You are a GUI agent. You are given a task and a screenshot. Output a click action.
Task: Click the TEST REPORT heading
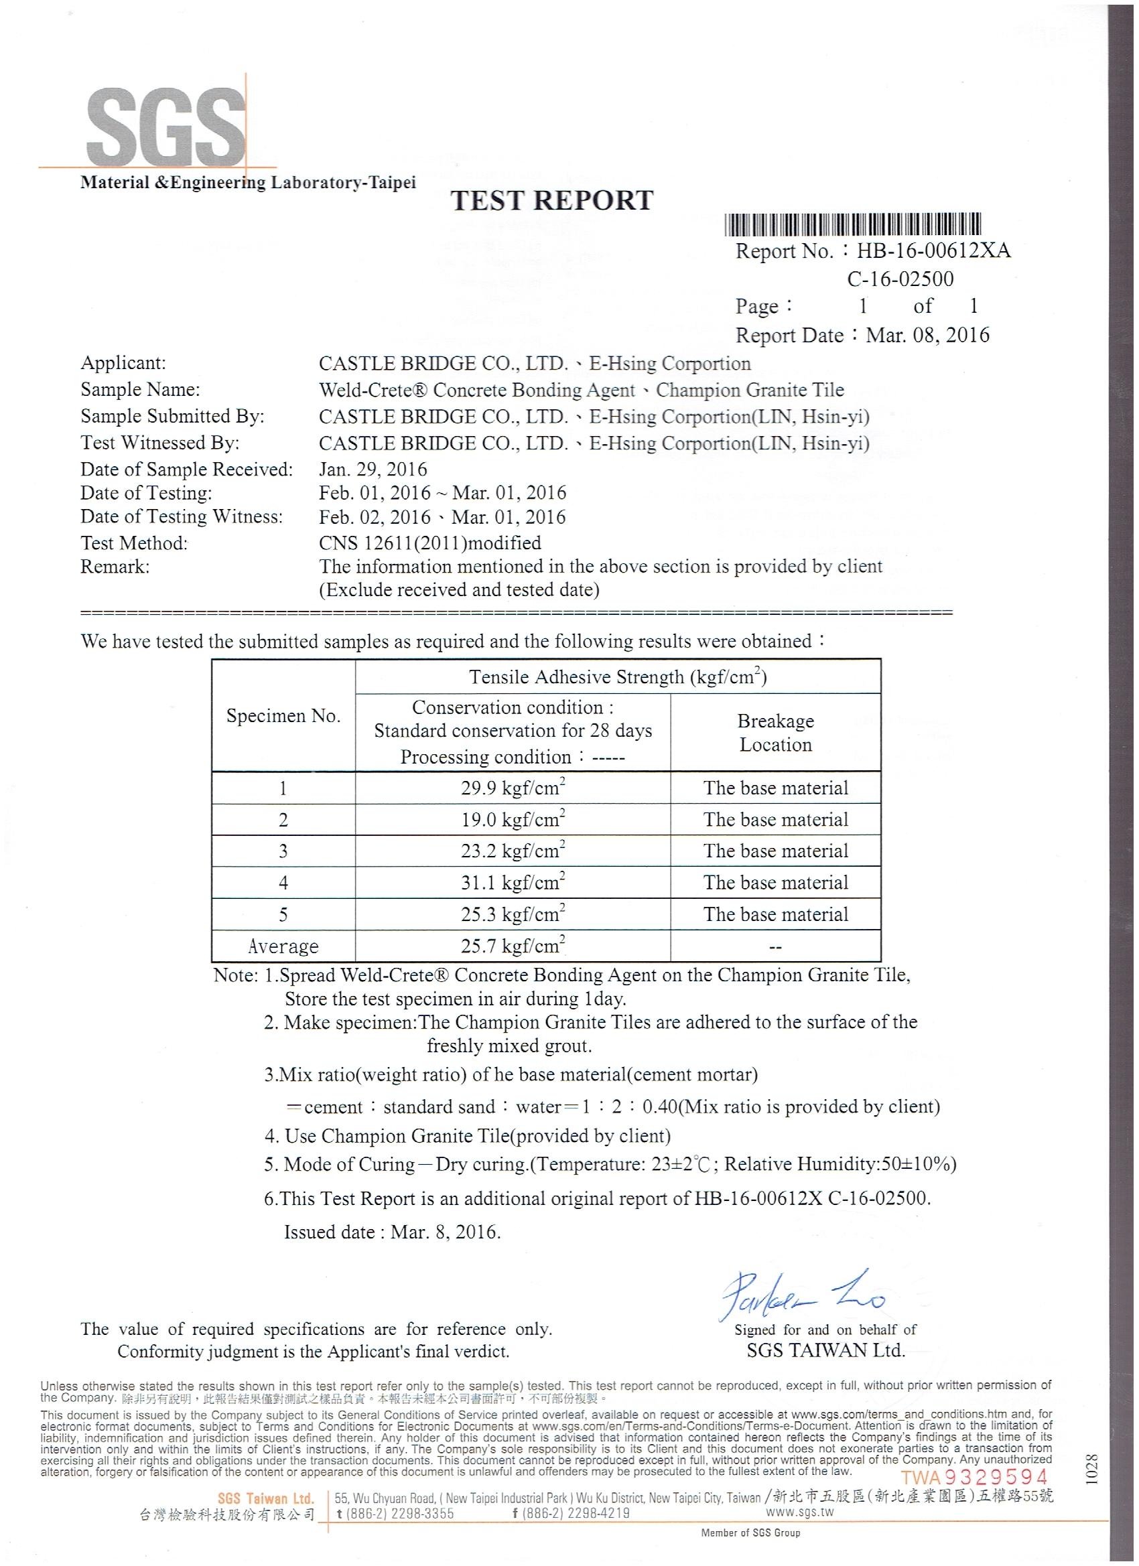[551, 200]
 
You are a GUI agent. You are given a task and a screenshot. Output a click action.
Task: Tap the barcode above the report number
[852, 224]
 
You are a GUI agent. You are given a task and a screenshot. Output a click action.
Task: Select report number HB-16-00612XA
[933, 251]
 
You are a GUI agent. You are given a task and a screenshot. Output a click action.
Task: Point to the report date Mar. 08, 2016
[927, 336]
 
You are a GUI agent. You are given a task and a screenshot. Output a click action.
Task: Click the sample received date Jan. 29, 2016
[373, 470]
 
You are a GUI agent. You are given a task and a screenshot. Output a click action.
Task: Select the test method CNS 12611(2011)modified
[429, 543]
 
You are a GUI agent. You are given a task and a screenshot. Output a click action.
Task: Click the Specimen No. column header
[283, 716]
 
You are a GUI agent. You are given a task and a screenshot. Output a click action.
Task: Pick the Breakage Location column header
[775, 733]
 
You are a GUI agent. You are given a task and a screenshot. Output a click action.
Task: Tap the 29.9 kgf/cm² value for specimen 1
[513, 788]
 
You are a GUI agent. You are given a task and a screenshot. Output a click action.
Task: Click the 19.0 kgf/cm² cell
[513, 820]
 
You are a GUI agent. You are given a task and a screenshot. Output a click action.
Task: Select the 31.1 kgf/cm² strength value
[513, 882]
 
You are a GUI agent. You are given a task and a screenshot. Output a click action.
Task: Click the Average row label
[283, 946]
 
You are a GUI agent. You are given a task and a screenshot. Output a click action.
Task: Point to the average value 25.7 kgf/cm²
[513, 946]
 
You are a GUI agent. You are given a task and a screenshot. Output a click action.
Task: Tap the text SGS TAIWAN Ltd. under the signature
[825, 1351]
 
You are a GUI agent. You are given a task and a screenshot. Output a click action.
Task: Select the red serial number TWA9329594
[974, 1478]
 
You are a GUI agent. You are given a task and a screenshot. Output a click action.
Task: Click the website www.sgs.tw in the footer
[799, 1512]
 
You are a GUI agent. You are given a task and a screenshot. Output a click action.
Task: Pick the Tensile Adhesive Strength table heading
[618, 677]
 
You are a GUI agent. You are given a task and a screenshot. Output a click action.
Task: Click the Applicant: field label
[123, 363]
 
